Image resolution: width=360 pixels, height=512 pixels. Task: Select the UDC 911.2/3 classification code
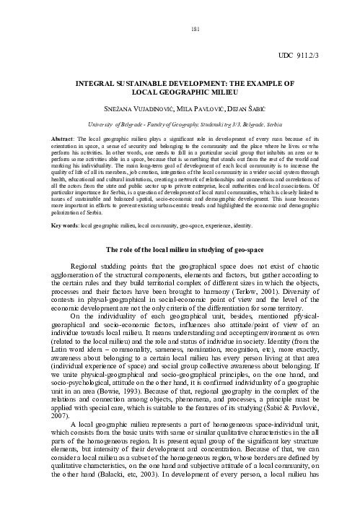pos(313,55)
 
